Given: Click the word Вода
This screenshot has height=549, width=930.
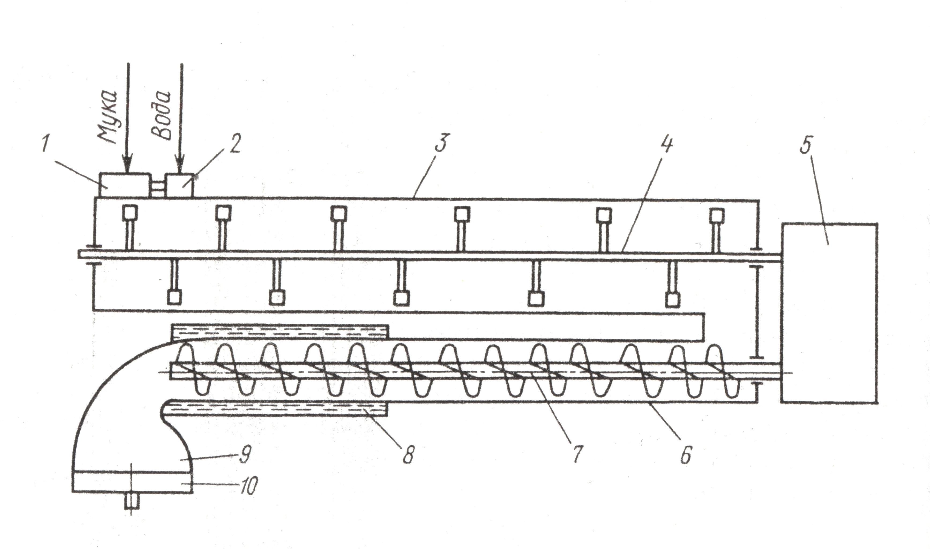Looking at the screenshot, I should click(163, 115).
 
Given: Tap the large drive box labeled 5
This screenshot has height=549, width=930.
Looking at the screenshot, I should click(829, 313).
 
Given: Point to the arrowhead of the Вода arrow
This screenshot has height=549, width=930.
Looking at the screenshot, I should click(180, 166).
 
